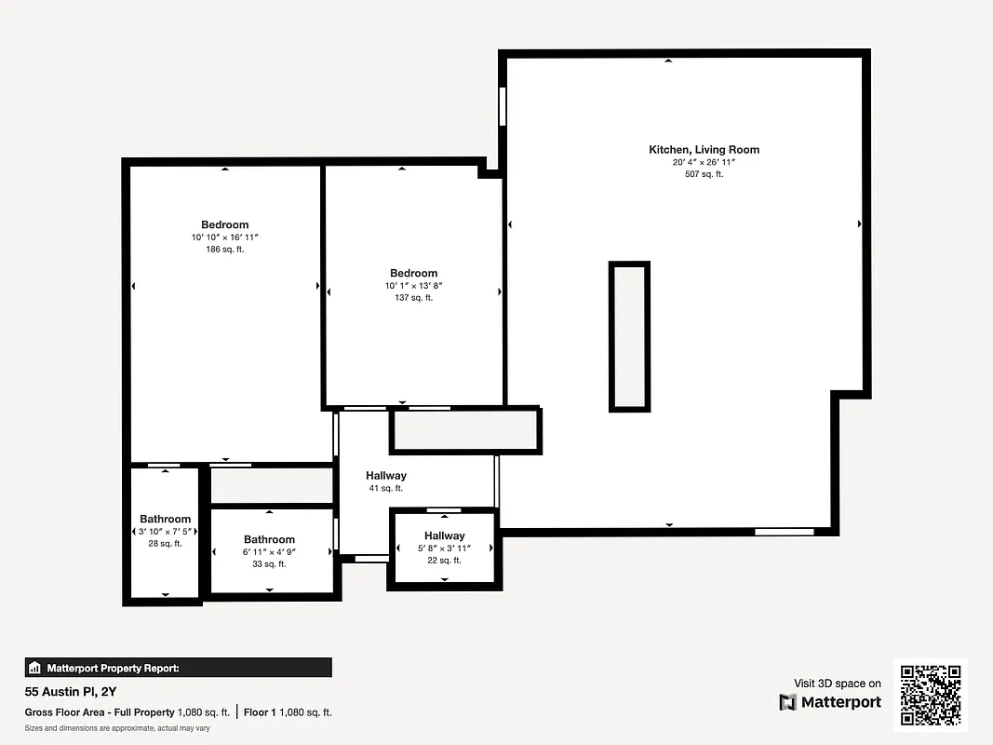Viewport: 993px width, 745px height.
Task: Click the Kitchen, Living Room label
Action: point(704,149)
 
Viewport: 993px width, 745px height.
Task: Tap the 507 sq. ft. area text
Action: point(704,174)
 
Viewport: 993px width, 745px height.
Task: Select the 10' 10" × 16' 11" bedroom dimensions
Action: point(224,237)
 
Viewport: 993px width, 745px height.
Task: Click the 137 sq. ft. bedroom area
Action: point(413,298)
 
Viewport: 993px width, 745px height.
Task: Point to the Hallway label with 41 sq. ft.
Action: point(385,476)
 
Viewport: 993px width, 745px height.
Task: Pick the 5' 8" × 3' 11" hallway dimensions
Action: point(444,549)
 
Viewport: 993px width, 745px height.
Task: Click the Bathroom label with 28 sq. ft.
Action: point(165,519)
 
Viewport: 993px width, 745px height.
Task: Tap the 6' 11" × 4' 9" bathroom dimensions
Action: point(269,552)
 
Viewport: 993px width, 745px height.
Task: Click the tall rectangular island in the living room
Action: point(629,336)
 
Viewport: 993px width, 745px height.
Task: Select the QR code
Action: point(931,695)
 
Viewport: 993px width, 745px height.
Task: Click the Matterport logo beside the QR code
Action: point(830,702)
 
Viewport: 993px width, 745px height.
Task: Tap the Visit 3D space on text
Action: point(837,684)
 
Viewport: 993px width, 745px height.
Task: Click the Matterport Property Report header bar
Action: point(178,668)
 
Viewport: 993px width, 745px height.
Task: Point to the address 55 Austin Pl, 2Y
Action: point(70,692)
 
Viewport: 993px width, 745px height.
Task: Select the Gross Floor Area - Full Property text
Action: point(99,712)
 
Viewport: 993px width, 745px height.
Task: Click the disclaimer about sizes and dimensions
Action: point(116,728)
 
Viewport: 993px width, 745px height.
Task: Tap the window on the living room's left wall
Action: point(503,106)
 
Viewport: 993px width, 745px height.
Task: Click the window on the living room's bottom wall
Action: point(784,532)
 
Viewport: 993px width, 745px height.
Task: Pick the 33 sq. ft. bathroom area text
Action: point(269,564)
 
